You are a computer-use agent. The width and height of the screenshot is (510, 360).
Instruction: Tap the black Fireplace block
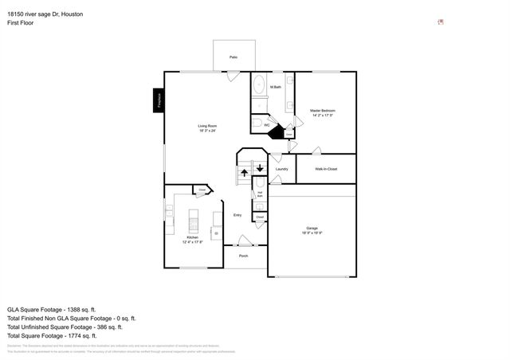[x=159, y=100]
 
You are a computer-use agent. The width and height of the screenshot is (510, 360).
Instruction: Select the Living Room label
[x=207, y=127]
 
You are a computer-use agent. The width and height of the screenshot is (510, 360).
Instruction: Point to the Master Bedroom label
[x=322, y=111]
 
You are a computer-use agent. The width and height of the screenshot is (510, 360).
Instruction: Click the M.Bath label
[x=275, y=87]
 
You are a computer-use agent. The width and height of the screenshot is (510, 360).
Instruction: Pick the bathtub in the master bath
[x=260, y=86]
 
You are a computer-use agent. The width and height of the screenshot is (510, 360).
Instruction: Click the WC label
[x=267, y=125]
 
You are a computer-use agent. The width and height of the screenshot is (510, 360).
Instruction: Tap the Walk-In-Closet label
[x=326, y=169]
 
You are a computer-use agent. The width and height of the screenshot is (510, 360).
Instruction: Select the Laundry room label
[x=281, y=169]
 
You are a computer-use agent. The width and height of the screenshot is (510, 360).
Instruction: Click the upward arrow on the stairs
[x=245, y=173]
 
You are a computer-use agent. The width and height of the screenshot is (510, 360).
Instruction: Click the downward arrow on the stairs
[x=260, y=168]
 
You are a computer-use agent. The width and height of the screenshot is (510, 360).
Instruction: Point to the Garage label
[x=311, y=229]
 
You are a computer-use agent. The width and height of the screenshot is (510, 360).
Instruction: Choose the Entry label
[x=237, y=215]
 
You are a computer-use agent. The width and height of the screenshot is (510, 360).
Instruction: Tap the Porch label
[x=244, y=256]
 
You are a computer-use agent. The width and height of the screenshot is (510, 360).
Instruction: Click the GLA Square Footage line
[x=51, y=308]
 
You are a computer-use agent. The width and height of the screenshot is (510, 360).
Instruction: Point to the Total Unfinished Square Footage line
[x=65, y=327]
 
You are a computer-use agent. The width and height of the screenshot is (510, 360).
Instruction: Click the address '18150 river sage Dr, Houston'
[x=49, y=14]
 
